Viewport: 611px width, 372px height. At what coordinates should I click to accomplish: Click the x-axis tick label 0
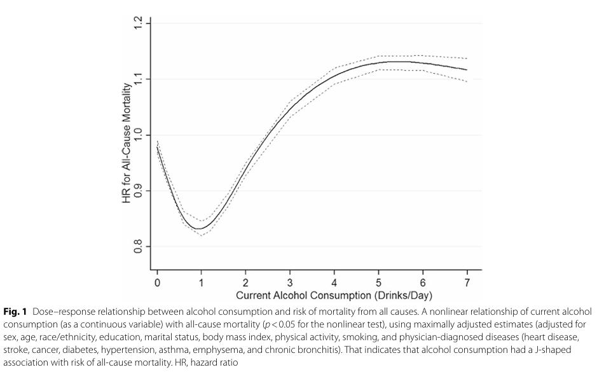[x=158, y=282]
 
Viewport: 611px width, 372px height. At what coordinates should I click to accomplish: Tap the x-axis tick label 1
[x=202, y=282]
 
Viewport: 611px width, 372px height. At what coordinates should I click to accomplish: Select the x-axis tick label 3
[x=290, y=282]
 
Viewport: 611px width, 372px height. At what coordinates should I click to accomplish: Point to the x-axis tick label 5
[x=379, y=282]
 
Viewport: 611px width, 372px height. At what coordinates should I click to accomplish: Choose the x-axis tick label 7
[x=467, y=282]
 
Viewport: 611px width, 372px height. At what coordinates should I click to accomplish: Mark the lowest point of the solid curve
[x=200, y=228]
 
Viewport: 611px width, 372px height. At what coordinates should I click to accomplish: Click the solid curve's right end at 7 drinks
[x=467, y=70]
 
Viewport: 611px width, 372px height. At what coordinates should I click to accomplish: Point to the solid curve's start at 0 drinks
[x=157, y=146]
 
